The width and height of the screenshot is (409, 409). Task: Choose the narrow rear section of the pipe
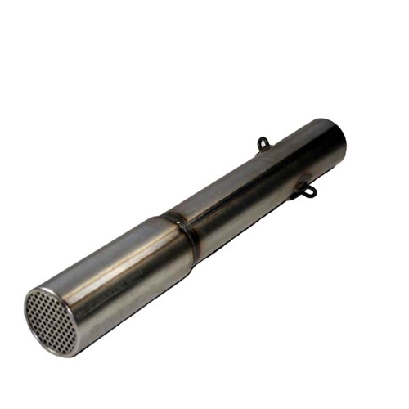[x=254, y=180]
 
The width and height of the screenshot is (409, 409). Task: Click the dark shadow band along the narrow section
[x=262, y=196]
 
